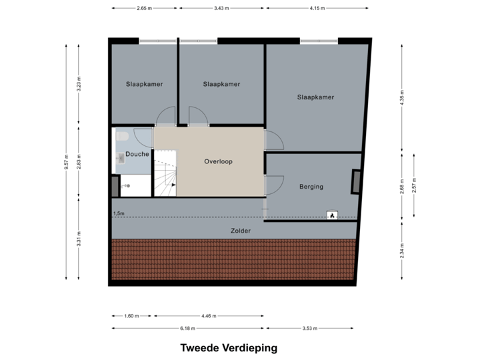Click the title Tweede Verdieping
click(228, 347)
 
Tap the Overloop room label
click(218, 161)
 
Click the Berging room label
click(311, 187)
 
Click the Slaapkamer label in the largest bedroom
click(315, 97)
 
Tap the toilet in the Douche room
click(122, 137)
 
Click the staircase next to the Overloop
click(166, 173)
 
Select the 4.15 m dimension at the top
click(317, 8)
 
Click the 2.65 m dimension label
click(142, 8)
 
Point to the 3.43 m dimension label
click(221, 8)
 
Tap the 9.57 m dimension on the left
click(66, 163)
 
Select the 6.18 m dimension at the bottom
click(187, 328)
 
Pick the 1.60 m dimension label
click(131, 317)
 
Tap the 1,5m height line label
click(119, 213)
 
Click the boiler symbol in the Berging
click(331, 215)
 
